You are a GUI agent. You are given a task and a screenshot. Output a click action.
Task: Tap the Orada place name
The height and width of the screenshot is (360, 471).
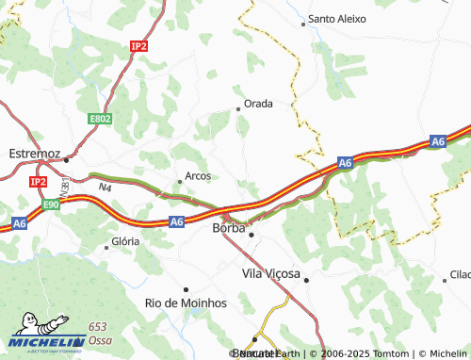point(258,104)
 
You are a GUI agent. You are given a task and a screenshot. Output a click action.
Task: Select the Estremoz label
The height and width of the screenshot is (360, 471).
point(34,153)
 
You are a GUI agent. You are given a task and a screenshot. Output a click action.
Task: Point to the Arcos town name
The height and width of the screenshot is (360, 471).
point(198,175)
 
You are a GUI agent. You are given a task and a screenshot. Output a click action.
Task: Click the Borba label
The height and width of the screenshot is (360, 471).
point(229,228)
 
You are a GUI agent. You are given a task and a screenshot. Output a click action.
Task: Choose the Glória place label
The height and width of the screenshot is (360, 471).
point(125,241)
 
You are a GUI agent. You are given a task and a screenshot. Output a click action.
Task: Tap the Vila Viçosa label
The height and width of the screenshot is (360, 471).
point(270,273)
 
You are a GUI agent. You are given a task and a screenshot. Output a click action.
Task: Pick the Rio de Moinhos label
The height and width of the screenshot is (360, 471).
point(186,303)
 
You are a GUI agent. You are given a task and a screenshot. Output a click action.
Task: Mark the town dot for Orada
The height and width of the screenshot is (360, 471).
point(237,108)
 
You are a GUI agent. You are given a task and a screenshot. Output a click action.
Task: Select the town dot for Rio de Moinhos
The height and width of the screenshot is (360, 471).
point(186,289)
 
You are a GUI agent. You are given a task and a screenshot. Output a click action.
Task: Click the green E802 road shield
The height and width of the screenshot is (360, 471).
point(100,119)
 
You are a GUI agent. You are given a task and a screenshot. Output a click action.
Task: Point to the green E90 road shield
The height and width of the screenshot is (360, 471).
point(51,203)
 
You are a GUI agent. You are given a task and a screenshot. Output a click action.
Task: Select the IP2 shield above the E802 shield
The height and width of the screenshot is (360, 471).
point(139,45)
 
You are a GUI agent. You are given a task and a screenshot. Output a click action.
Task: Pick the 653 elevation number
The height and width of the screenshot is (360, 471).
point(98,326)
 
